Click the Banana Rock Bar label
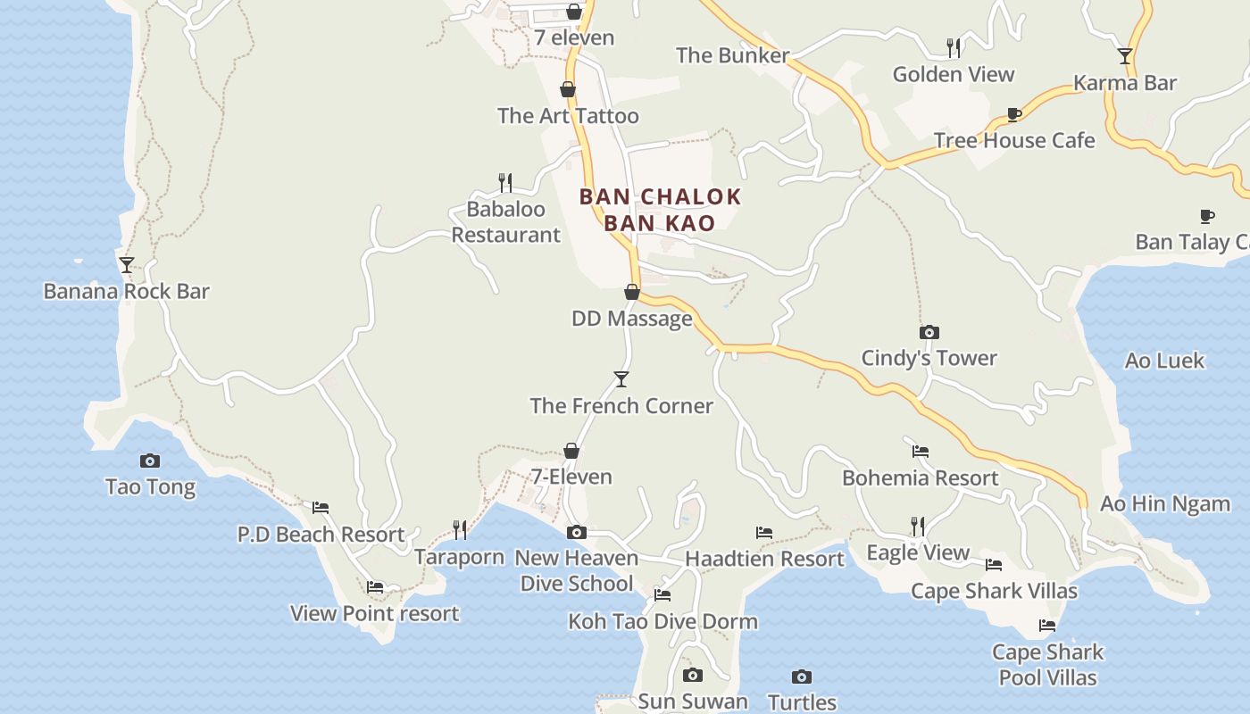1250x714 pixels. pyautogui.click(x=126, y=291)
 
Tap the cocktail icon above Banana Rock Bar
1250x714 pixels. pyautogui.click(x=127, y=265)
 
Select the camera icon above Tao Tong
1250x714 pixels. pyautogui.click(x=150, y=461)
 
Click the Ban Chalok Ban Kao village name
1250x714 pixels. pyautogui.click(x=660, y=209)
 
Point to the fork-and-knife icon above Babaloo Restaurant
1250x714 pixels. pyautogui.click(x=505, y=183)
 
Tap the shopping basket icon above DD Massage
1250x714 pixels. pyautogui.click(x=632, y=292)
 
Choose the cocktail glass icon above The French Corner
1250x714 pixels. pyautogui.click(x=621, y=379)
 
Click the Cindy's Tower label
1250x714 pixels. pyautogui.click(x=929, y=358)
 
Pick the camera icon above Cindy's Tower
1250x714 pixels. pyautogui.click(x=929, y=333)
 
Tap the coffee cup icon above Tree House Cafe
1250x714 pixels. pyautogui.click(x=1013, y=114)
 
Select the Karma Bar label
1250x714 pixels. pyautogui.click(x=1125, y=83)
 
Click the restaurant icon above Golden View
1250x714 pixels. pyautogui.click(x=954, y=48)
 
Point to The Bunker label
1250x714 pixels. pyautogui.click(x=732, y=55)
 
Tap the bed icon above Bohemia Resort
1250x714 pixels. pyautogui.click(x=921, y=452)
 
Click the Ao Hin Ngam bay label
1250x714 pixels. pyautogui.click(x=1164, y=503)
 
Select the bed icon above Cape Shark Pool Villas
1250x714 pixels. pyautogui.click(x=1047, y=626)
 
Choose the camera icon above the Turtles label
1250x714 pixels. pyautogui.click(x=802, y=677)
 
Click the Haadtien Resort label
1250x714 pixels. pyautogui.click(x=764, y=559)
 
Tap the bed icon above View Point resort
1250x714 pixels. pyautogui.click(x=375, y=587)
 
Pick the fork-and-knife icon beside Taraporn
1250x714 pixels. pyautogui.click(x=460, y=530)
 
